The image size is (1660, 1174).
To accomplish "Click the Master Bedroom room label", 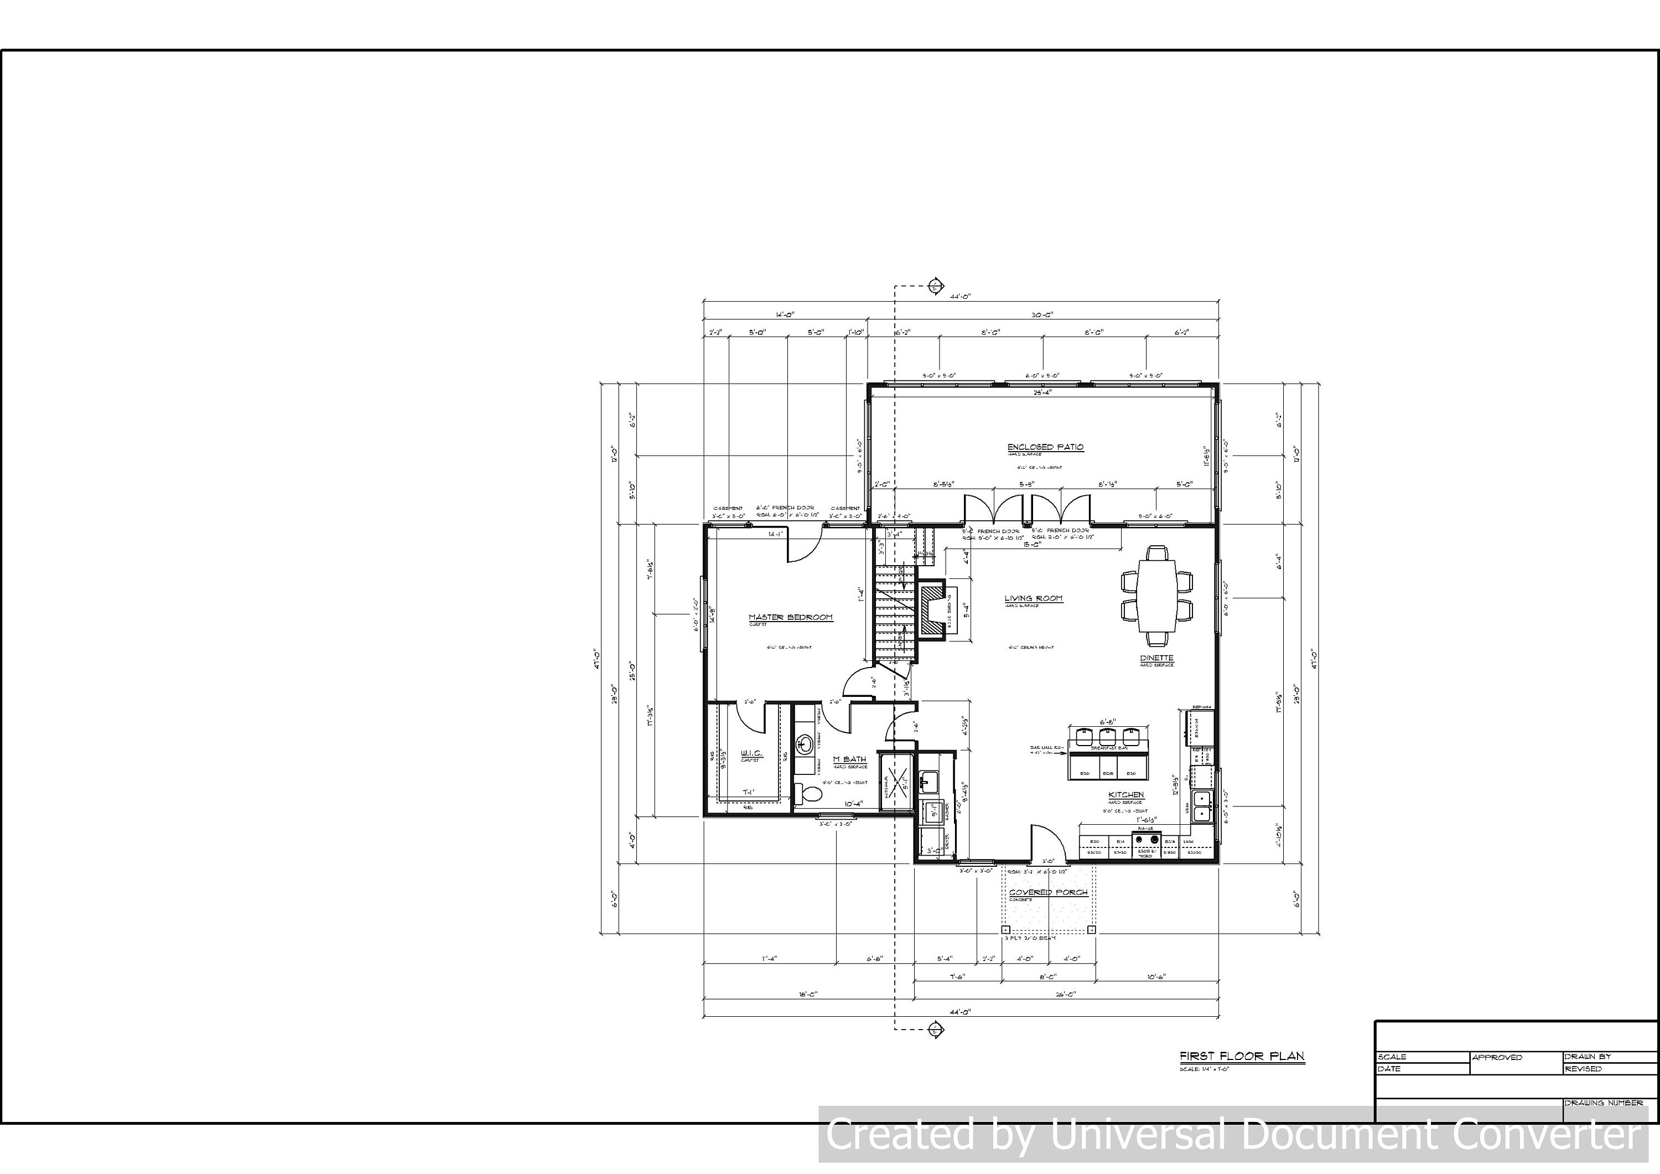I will (790, 617).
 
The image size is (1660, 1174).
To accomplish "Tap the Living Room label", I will (1033, 598).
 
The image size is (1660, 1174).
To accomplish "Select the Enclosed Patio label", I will (1045, 447).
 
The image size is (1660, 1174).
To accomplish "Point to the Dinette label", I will (1157, 658).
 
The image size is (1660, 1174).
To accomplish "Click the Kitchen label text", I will (1127, 795).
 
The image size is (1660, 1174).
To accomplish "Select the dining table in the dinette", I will (1157, 596).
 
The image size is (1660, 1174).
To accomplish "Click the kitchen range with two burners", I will (1147, 841).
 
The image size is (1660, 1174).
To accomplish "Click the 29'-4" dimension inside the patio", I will (1042, 393).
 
